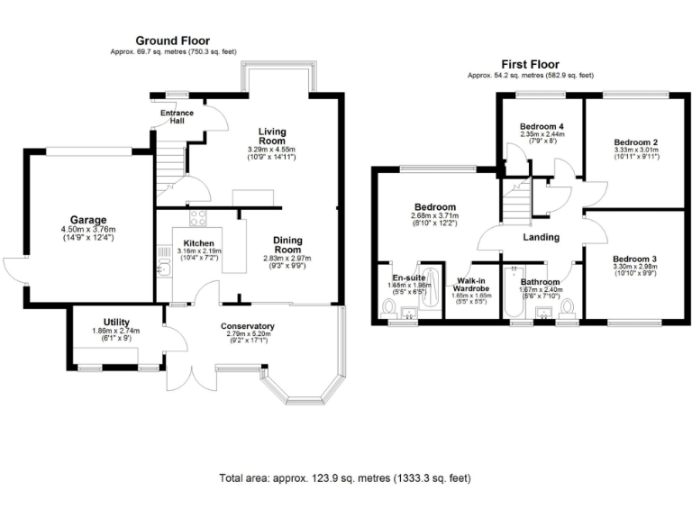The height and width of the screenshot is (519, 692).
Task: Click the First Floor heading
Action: pyautogui.click(x=530, y=65)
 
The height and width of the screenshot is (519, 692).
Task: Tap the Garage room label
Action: pyautogui.click(x=90, y=220)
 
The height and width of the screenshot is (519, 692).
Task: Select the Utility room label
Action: pyautogui.click(x=114, y=322)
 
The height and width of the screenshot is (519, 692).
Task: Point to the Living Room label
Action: pyautogui.click(x=271, y=136)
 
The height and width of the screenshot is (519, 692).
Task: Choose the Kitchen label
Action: pyautogui.click(x=197, y=243)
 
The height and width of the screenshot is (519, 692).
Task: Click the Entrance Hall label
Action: pyautogui.click(x=177, y=117)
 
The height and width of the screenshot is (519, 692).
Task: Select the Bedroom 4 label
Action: pyautogui.click(x=542, y=126)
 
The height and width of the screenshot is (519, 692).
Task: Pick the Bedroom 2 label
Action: pyautogui.click(x=635, y=142)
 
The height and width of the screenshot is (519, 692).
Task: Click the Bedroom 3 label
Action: pyautogui.click(x=635, y=259)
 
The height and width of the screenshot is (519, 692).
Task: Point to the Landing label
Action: pyautogui.click(x=541, y=238)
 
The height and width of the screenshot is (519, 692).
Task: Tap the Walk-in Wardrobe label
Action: pyautogui.click(x=471, y=284)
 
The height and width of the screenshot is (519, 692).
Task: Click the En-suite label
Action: pyautogui.click(x=408, y=278)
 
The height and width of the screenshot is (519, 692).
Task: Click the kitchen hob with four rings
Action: pyautogui.click(x=197, y=218)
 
